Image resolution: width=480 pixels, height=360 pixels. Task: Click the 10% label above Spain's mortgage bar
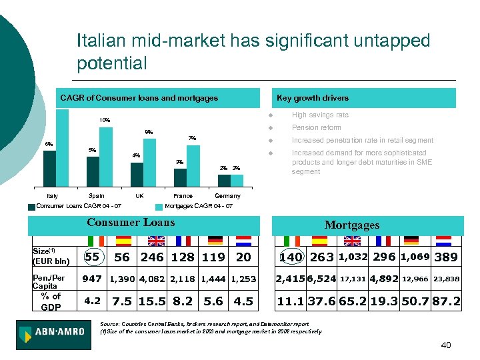tap(105, 120)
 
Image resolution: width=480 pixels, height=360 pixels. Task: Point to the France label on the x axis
tap(183, 196)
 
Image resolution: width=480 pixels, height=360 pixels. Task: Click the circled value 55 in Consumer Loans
tap(93, 257)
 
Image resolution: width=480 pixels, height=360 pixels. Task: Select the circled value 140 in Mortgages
tap(291, 257)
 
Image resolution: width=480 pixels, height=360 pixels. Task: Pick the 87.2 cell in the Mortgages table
tap(446, 301)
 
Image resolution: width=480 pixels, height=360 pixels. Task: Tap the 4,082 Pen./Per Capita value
tap(151, 279)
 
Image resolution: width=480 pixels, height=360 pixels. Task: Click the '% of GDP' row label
tap(51, 301)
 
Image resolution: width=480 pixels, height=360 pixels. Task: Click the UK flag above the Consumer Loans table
tap(155, 241)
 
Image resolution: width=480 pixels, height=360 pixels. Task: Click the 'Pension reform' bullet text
tap(316, 127)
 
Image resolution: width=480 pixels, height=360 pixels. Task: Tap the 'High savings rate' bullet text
tap(320, 115)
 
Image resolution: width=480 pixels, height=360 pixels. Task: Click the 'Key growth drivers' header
tap(312, 98)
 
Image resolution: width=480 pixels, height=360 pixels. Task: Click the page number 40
tap(446, 345)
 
